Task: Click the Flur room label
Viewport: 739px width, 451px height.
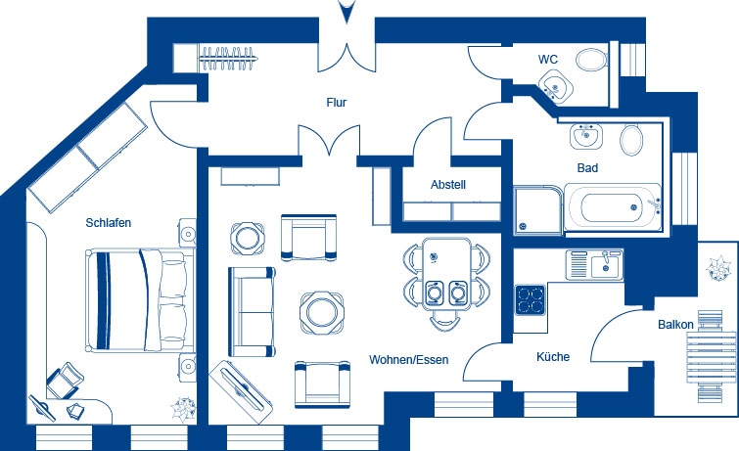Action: point(337,102)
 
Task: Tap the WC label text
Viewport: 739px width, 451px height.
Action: point(548,60)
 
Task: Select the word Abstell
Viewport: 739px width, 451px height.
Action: point(447,185)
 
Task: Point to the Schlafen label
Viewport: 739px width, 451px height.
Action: point(108,223)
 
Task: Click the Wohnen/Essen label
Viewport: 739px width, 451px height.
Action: point(408,360)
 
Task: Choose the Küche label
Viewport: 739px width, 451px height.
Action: point(552,357)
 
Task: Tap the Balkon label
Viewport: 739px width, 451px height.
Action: point(675,324)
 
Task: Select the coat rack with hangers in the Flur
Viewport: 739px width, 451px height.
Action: point(232,58)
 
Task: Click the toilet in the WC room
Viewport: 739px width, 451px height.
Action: point(591,60)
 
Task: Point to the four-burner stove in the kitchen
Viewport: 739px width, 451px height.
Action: point(531,297)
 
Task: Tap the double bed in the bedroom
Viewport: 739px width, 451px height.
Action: point(137,300)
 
